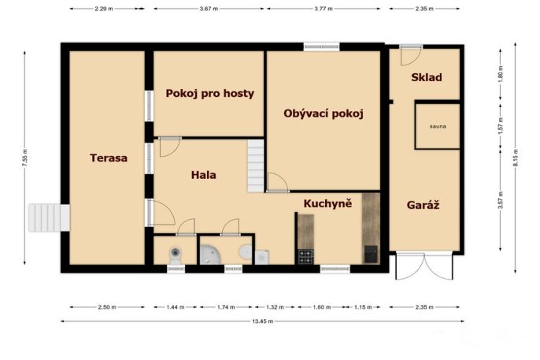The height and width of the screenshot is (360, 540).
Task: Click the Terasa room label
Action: coord(109,158)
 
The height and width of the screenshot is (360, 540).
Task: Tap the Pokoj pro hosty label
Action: coord(209,94)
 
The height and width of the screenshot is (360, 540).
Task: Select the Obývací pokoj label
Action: coord(324,113)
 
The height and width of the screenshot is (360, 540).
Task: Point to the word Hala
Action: coord(204,175)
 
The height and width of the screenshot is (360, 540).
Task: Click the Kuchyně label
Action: coord(327,203)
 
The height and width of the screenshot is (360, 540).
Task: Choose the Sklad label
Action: coord(427,77)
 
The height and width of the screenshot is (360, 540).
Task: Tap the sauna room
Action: coord(438,126)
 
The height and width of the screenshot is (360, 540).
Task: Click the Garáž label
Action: coord(423,206)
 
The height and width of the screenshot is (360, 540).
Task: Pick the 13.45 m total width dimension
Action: coord(263,321)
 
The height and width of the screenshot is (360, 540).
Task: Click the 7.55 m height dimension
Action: coord(25,158)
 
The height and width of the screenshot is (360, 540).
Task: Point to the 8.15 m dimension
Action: coord(515,158)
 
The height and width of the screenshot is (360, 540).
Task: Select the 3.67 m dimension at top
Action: coord(209,9)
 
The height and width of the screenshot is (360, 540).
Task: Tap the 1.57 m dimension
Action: coord(501,126)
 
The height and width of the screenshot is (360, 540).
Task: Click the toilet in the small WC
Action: coord(176,255)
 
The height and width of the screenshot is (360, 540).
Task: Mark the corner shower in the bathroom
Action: coord(209,254)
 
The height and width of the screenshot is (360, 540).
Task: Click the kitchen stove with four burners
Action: coord(305,256)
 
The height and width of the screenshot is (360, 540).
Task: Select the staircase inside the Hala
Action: coord(256,165)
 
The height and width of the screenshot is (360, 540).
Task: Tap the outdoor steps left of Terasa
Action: coord(49,217)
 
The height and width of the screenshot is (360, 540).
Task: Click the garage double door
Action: coord(424,266)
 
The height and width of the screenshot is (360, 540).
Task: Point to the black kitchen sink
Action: coord(371,254)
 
